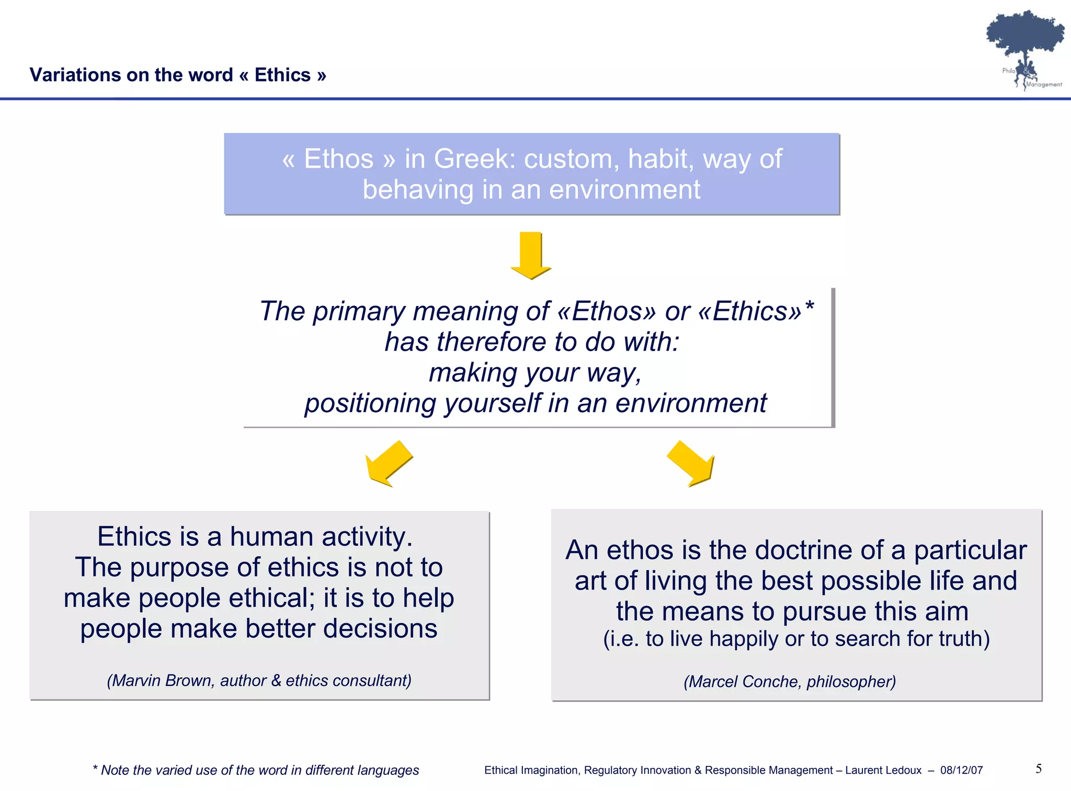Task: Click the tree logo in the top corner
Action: click(1025, 47)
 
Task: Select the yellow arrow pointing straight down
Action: click(531, 255)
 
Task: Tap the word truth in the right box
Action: click(956, 639)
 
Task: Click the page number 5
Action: click(1039, 769)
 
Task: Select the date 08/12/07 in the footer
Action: click(961, 771)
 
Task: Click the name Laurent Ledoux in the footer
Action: click(883, 771)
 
